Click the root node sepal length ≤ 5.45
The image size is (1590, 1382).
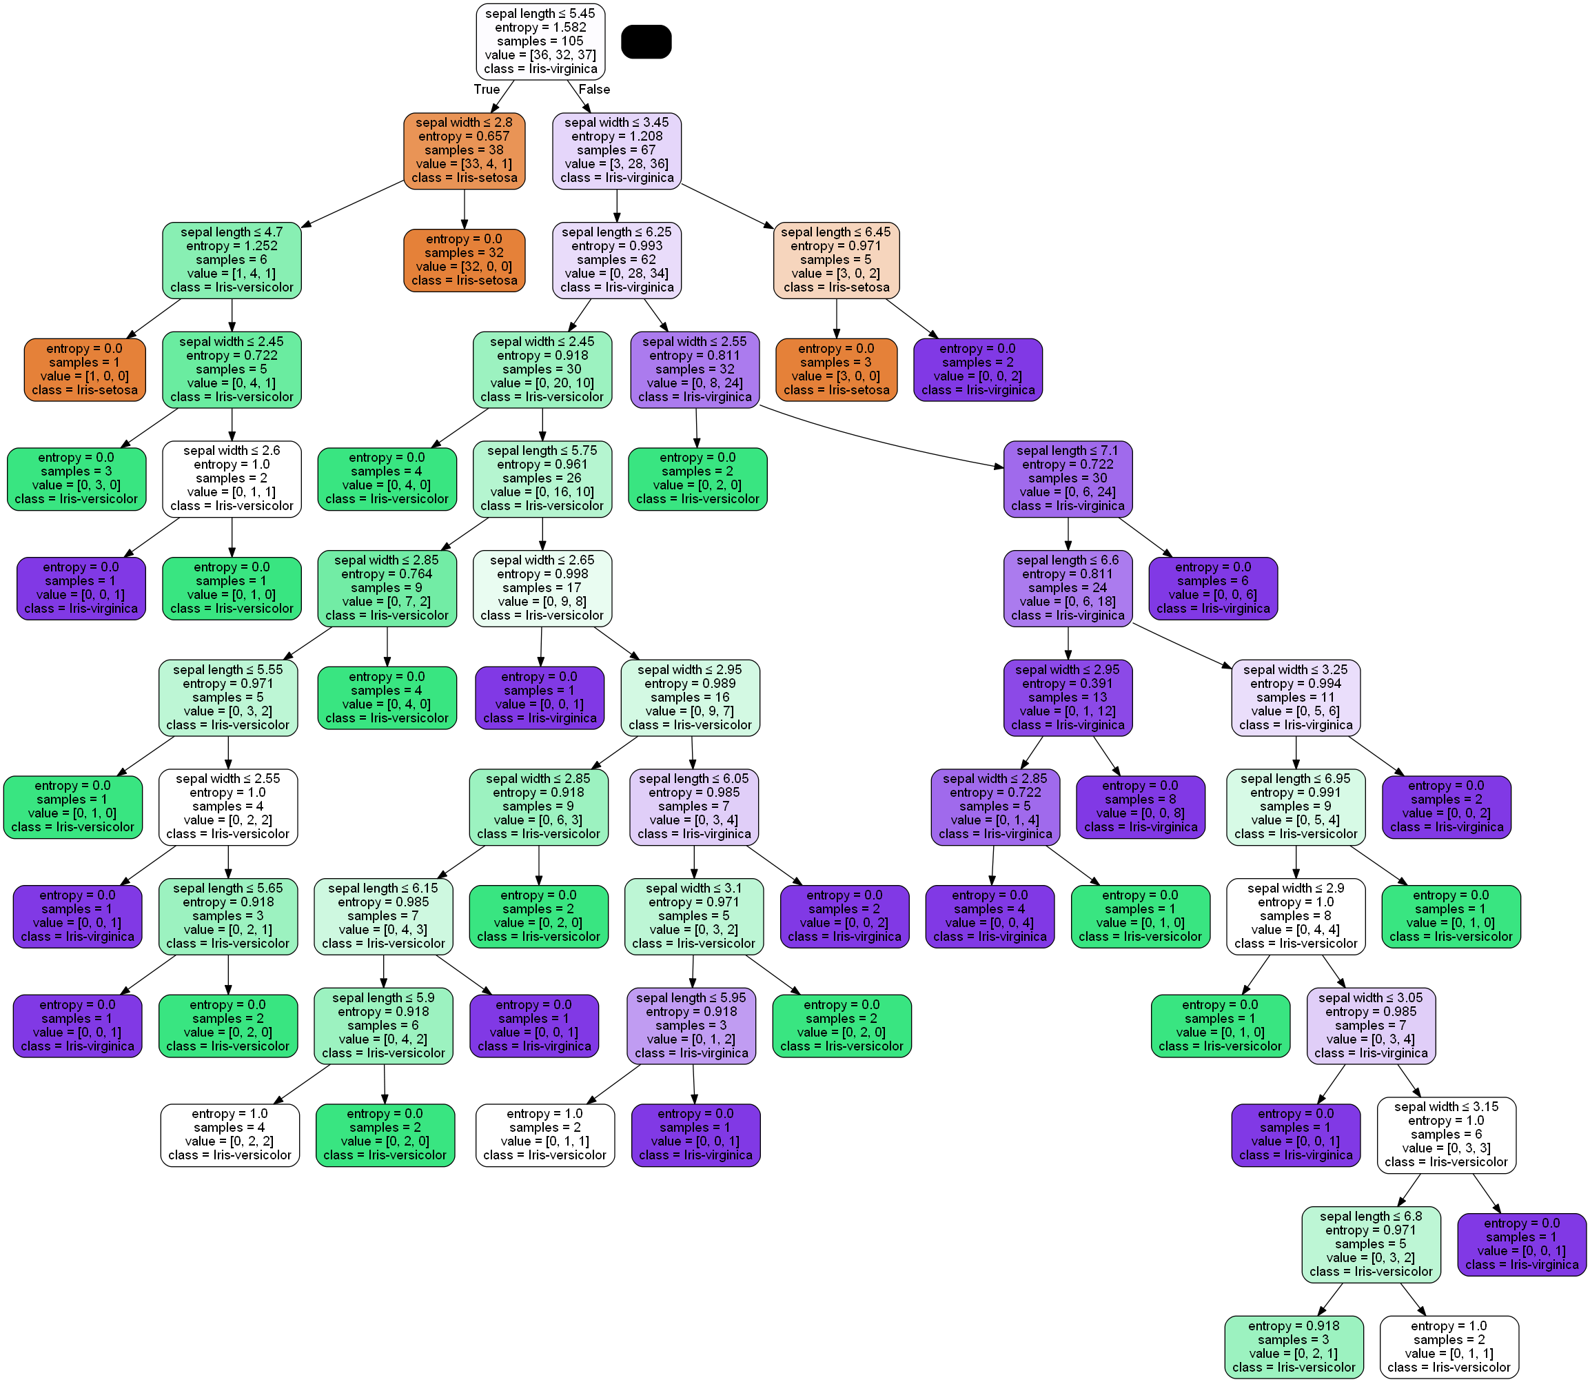click(x=540, y=41)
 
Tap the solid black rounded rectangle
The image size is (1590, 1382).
click(x=646, y=41)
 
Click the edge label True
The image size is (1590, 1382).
click(x=487, y=90)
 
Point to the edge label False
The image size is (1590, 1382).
click(x=595, y=90)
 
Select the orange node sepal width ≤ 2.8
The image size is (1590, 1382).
click(x=465, y=150)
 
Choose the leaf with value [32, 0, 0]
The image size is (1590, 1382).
click(x=465, y=260)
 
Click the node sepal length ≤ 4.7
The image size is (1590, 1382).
click(x=232, y=260)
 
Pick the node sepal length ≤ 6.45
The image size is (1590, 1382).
click(x=836, y=260)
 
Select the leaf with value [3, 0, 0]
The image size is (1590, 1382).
click(x=836, y=369)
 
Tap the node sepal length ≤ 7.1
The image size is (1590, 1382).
click(x=1068, y=479)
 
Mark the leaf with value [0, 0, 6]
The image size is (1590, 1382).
click(x=1213, y=589)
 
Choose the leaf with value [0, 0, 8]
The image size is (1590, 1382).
click(x=1141, y=806)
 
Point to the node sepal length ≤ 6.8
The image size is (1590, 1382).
click(x=1371, y=1245)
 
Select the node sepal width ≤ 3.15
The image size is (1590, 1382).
click(x=1447, y=1135)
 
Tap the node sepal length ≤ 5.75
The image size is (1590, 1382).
click(x=542, y=479)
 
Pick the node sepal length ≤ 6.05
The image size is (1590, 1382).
click(x=694, y=806)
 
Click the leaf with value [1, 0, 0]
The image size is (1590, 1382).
click(x=85, y=369)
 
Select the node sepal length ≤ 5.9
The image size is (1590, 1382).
click(x=383, y=1026)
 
